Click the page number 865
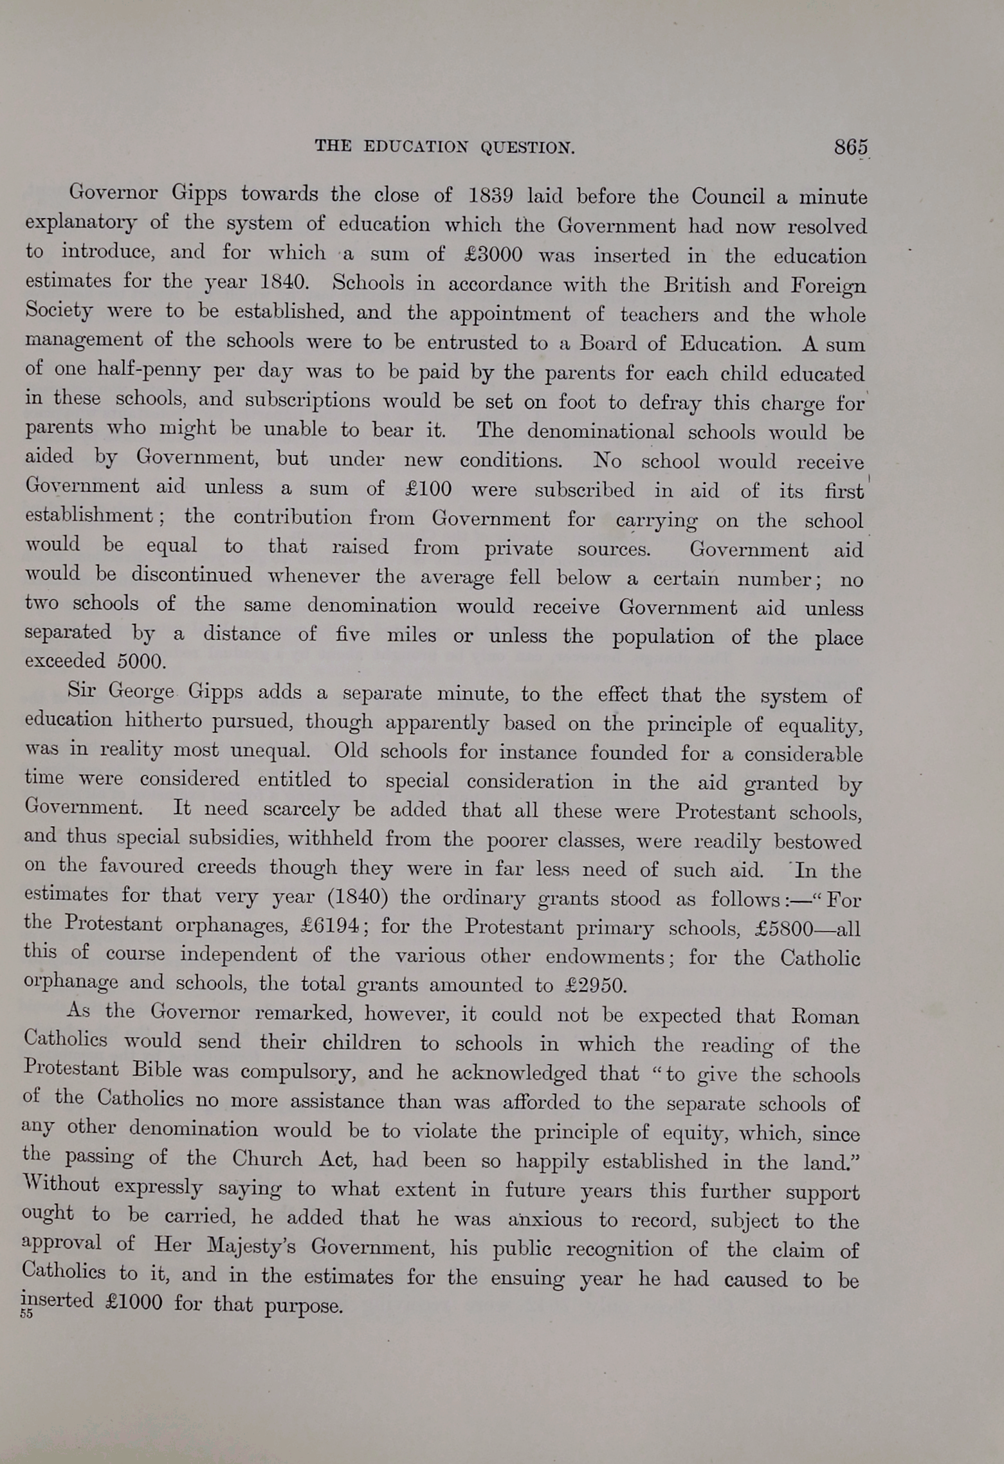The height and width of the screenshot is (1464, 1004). coord(850,147)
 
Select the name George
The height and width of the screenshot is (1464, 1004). coord(141,691)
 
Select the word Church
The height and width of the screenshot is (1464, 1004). coord(267,1159)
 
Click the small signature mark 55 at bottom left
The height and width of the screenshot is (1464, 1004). coord(26,1314)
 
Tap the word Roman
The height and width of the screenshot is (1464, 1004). coord(825,1017)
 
